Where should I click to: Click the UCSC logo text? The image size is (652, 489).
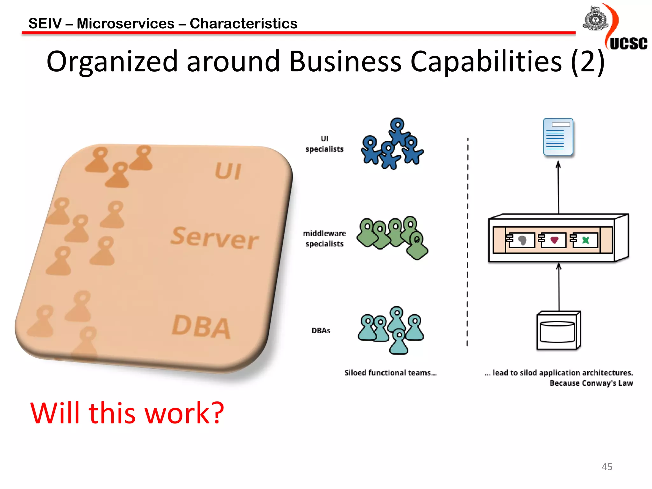628,44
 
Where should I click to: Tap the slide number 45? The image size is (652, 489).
607,467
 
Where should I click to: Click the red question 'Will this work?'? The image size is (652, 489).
127,413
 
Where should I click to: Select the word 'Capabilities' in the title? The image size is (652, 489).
486,61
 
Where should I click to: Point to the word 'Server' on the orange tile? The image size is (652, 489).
215,238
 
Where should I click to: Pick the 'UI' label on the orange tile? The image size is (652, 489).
228,171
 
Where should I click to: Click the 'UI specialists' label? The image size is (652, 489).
324,144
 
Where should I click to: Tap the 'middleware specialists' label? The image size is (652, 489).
324,238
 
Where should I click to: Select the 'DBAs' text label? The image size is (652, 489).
321,330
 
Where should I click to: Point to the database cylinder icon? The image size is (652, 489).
557,331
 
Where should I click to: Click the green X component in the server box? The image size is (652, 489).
585,240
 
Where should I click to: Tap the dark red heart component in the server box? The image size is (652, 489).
554,240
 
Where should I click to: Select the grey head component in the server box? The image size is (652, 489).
522,240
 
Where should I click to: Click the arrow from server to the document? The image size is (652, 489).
558,188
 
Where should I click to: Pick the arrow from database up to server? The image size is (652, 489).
559,287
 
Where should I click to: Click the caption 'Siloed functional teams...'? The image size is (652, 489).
390,373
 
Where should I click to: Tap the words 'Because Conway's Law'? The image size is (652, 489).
591,383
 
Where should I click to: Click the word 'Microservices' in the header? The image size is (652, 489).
125,24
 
